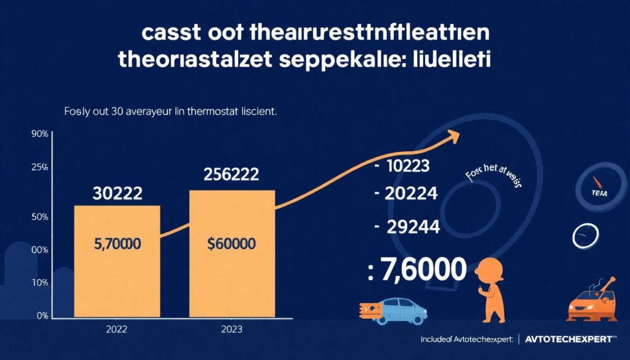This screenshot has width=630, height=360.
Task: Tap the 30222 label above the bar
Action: point(117,194)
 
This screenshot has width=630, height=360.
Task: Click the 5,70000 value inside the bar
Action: point(117,244)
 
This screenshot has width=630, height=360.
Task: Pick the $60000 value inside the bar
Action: point(232,244)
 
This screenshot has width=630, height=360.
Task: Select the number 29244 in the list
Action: point(412,227)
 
